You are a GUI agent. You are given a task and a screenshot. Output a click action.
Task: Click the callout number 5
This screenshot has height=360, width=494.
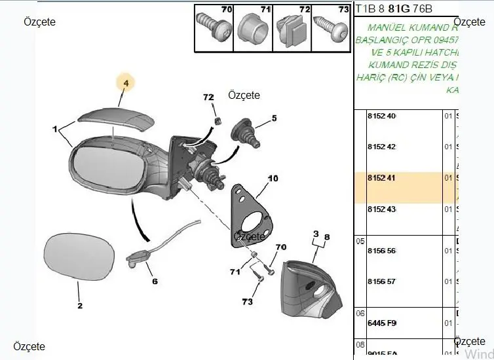275,118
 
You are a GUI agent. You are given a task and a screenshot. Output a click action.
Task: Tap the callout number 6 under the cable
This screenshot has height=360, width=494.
155,282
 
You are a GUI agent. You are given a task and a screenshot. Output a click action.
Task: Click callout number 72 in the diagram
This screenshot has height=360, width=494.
208,98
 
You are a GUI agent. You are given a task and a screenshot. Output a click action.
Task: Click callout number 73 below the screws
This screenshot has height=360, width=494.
246,302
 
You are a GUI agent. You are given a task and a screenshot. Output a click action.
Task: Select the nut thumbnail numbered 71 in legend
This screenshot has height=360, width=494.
252,27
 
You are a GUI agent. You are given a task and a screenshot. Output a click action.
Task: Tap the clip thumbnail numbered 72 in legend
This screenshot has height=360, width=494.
290,27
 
